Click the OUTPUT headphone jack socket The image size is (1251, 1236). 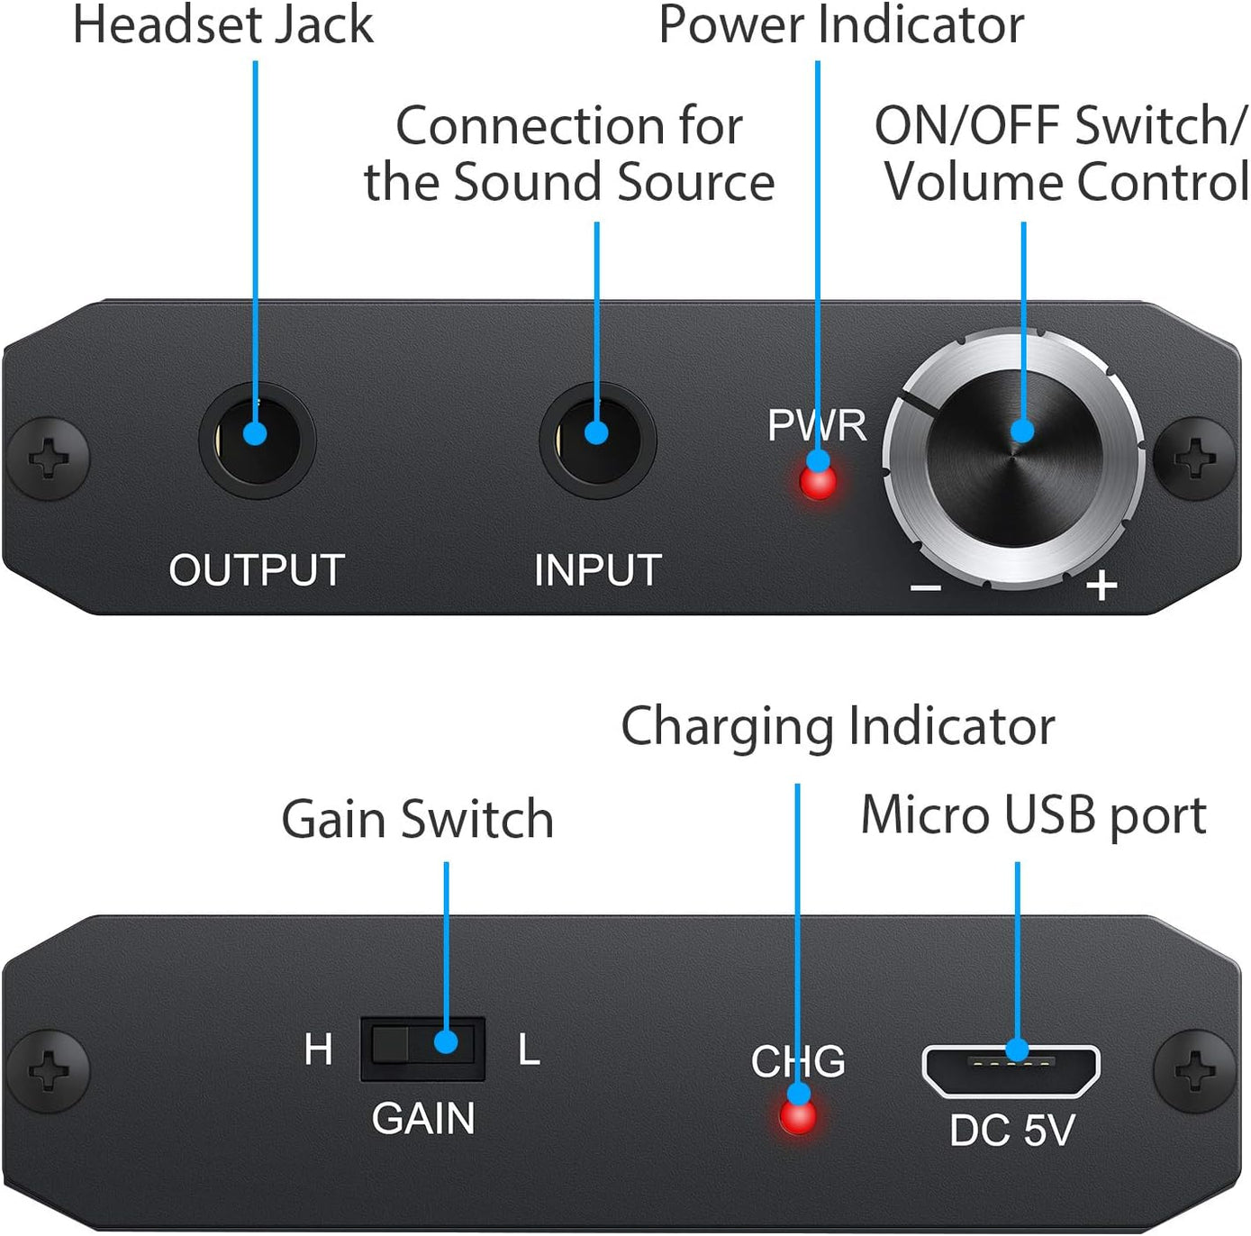coord(257,440)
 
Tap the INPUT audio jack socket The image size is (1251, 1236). coord(597,440)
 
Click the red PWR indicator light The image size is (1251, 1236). coord(818,482)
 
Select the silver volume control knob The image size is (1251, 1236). coord(1014,458)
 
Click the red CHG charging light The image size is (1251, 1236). coord(798,1117)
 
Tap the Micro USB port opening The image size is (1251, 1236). coord(1011,1070)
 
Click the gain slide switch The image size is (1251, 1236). coord(422,1048)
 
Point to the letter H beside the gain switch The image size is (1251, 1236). coord(318,1050)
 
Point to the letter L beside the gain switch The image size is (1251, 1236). coord(529,1050)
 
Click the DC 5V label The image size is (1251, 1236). coord(1012,1131)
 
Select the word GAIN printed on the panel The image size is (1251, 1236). coord(422,1119)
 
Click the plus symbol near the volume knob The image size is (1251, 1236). coord(1101,586)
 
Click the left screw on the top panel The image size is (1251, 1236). coord(49,458)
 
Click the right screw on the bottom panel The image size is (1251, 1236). coord(1195,1070)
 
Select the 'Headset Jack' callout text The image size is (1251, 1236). coord(222,24)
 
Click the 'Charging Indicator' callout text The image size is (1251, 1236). coord(838,726)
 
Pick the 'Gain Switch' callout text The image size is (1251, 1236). coord(417,819)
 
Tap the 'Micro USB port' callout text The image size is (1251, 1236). coord(1033,815)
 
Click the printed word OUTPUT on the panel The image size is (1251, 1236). coord(257,570)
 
